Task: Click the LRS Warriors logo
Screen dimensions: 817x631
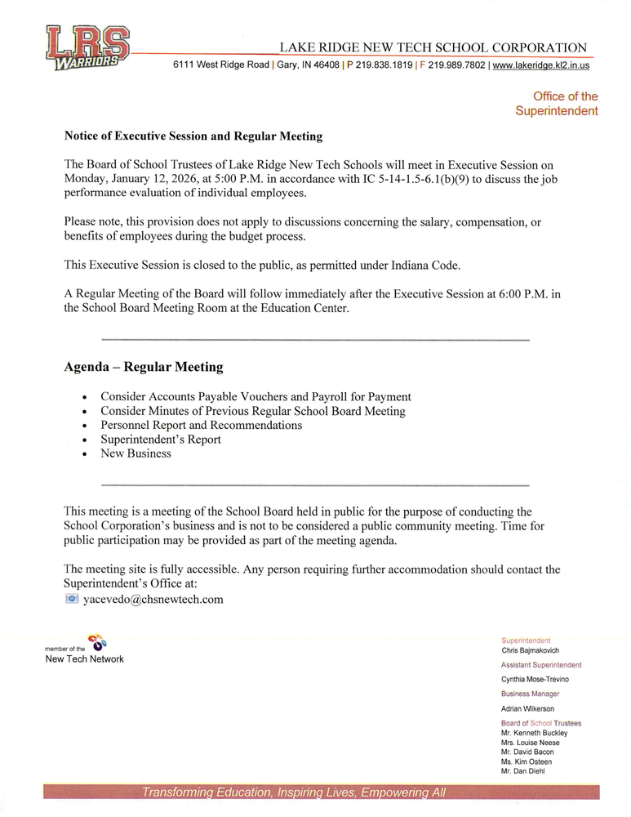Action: (x=87, y=48)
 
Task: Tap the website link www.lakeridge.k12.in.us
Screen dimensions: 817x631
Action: (x=541, y=65)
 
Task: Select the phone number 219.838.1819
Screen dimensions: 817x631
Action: (x=384, y=65)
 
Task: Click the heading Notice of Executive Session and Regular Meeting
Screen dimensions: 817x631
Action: (x=193, y=136)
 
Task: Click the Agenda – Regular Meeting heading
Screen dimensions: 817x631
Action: (x=144, y=367)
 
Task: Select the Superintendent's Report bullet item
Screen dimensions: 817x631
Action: (x=161, y=440)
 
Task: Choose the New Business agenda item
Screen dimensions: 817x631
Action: (x=136, y=453)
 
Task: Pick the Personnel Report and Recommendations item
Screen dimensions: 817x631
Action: (x=201, y=426)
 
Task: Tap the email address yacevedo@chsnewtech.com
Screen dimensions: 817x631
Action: (x=153, y=600)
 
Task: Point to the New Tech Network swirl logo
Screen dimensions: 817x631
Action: (x=96, y=642)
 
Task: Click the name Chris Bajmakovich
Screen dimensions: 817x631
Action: (x=530, y=651)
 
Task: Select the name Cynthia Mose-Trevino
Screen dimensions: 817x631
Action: (x=535, y=680)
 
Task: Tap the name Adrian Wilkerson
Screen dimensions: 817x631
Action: (x=527, y=709)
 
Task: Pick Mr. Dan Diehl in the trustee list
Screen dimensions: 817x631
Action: (x=522, y=770)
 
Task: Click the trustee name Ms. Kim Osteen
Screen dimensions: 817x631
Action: (x=527, y=761)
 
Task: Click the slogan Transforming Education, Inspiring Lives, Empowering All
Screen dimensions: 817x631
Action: (x=294, y=792)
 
